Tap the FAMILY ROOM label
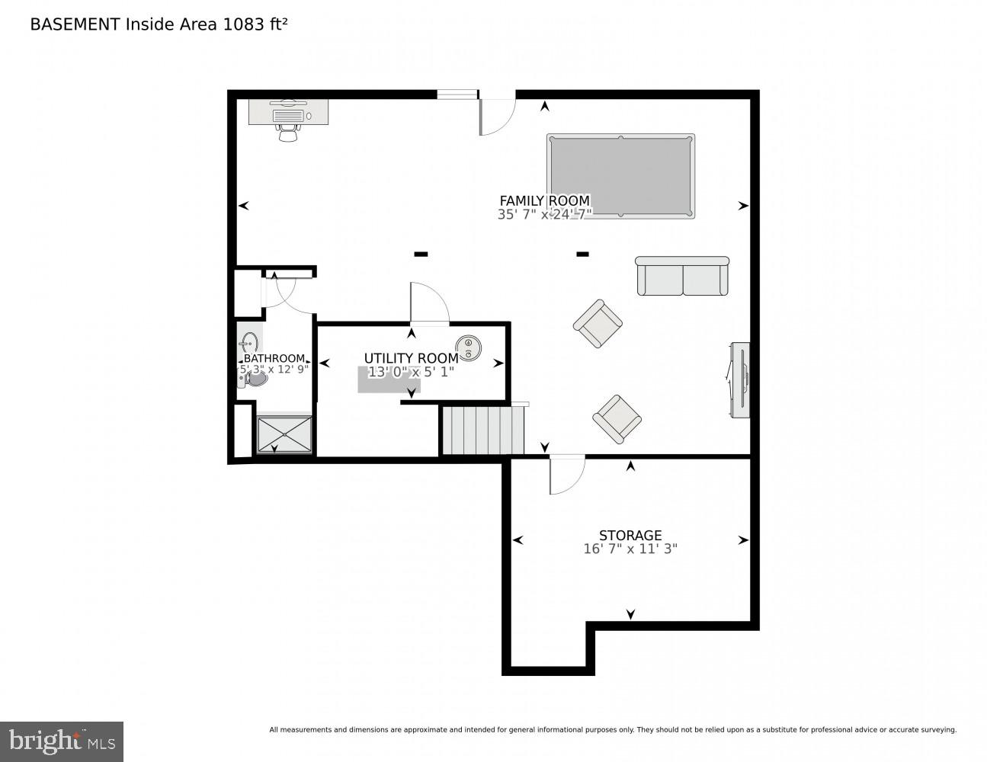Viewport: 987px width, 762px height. point(544,201)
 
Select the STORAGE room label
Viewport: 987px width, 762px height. point(630,535)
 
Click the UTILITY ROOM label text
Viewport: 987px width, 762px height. point(411,358)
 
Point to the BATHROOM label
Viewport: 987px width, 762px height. point(274,358)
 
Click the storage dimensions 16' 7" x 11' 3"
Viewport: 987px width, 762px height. point(630,549)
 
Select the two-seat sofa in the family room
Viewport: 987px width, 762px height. point(682,277)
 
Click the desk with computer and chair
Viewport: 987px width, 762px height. point(288,116)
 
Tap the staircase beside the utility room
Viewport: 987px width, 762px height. point(483,431)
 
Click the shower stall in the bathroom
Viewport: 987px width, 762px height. point(284,434)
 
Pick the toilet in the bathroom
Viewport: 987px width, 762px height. point(255,378)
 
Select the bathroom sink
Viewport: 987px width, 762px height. point(249,342)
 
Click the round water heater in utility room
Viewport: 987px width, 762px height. point(468,348)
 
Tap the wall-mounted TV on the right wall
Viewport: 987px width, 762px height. point(739,379)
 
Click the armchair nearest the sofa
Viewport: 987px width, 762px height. point(598,323)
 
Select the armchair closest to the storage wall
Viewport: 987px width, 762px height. point(617,418)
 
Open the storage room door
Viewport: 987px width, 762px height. point(566,474)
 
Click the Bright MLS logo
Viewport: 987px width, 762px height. point(62,741)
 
